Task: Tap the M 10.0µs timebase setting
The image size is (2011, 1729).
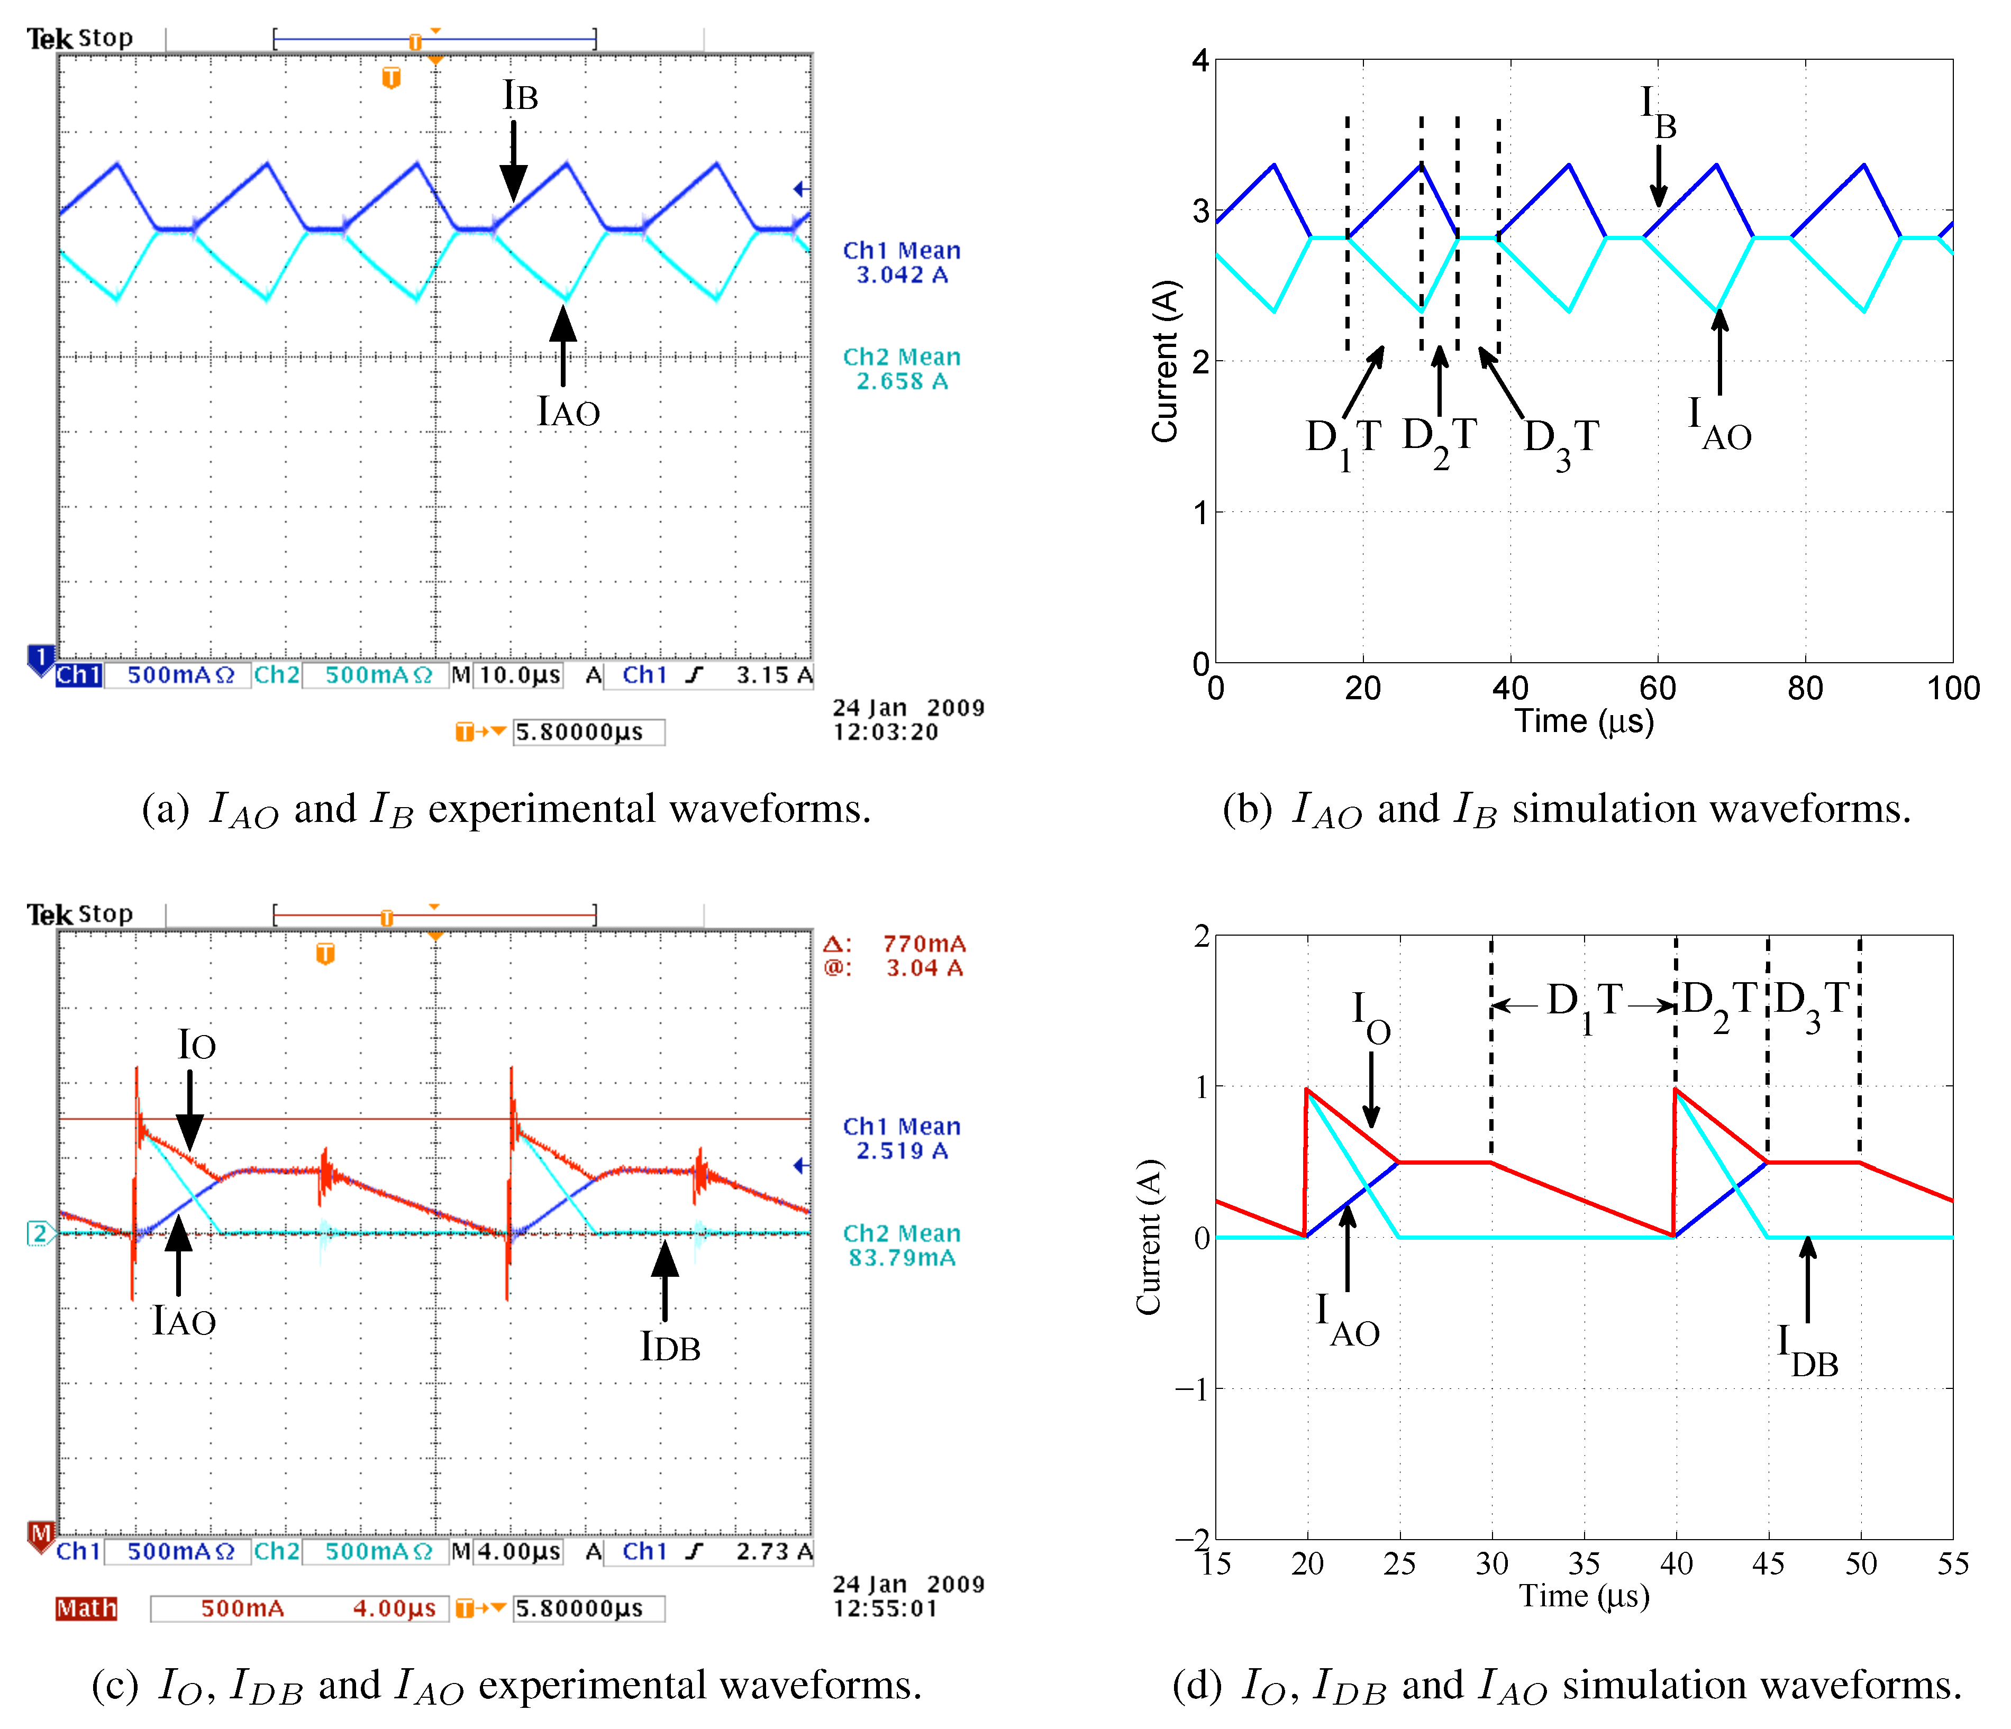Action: pyautogui.click(x=507, y=675)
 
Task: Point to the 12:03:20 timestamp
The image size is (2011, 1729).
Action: pyautogui.click(x=885, y=733)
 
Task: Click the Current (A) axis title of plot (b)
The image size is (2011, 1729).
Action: pyautogui.click(x=1164, y=361)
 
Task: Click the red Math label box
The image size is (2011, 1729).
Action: pyautogui.click(x=86, y=1609)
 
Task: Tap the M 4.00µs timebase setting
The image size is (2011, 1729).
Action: pyautogui.click(x=507, y=1551)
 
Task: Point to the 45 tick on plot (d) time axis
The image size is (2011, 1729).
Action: pyautogui.click(x=1768, y=1564)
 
